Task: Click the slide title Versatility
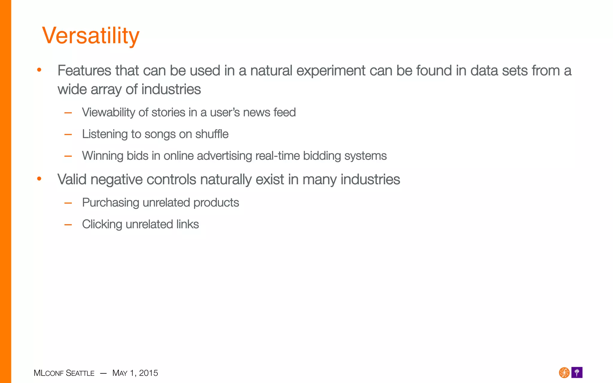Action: (91, 36)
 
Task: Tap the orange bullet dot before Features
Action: (39, 70)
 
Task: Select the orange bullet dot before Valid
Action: (39, 179)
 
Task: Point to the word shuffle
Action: (212, 134)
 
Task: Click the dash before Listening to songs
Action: (68, 135)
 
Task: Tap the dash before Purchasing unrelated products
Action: (68, 203)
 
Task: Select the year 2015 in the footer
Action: (148, 373)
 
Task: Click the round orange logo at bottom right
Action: (564, 373)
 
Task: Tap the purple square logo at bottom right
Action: (577, 373)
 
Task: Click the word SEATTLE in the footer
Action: (80, 373)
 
